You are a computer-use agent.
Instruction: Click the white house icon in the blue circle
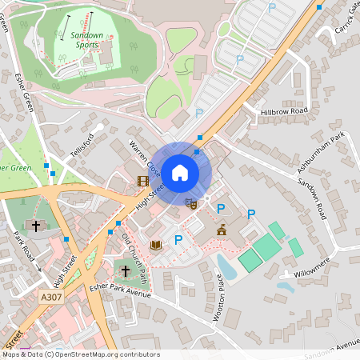180,171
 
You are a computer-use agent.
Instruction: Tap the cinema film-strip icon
142,182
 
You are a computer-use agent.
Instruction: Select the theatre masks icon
190,203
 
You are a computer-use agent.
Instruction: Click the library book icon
155,243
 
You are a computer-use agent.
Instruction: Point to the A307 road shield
50,296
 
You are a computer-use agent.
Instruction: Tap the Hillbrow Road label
284,111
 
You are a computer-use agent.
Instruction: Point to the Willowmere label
311,265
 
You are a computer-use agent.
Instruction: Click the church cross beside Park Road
37,226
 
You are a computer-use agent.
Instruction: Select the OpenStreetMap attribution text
80,354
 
